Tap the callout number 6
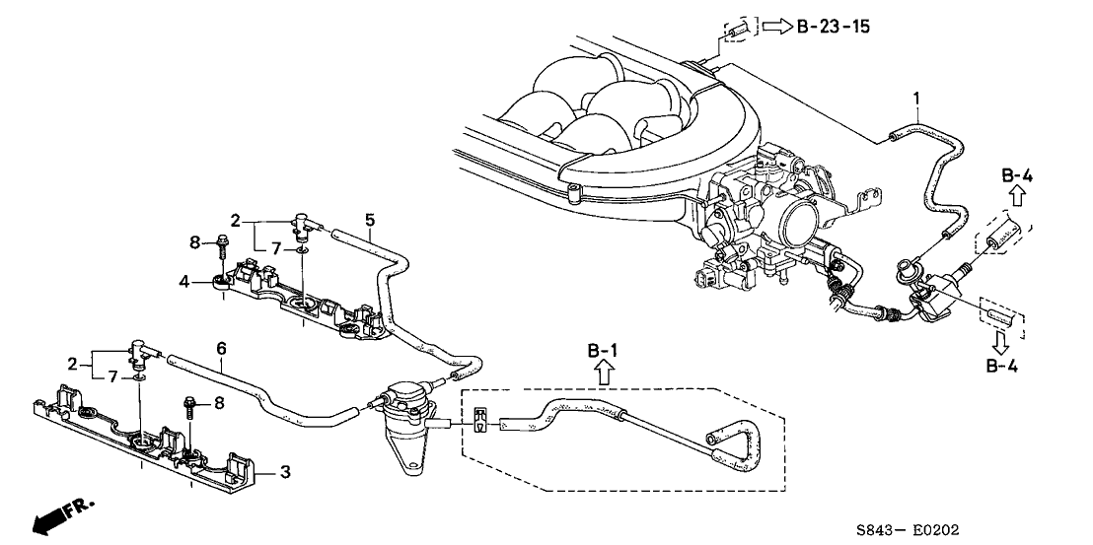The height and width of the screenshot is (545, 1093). [221, 348]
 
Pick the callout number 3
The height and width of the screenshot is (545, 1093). [286, 473]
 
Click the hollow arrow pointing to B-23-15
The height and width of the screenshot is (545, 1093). [776, 26]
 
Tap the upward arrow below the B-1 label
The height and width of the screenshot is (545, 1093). [605, 372]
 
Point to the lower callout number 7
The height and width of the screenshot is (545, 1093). [111, 375]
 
